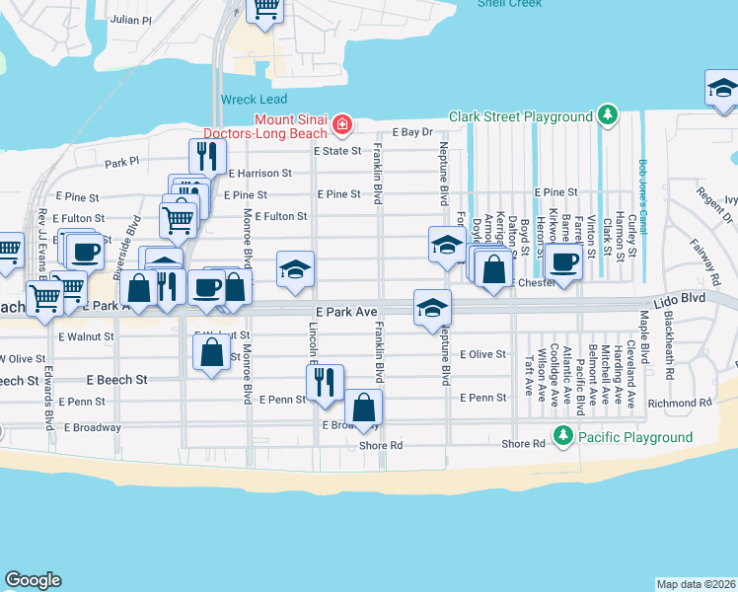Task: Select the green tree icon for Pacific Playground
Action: point(562,434)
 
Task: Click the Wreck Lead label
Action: point(254,99)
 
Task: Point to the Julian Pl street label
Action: point(132,19)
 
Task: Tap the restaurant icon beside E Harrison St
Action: point(207,155)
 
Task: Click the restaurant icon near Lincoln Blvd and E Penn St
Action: point(325,381)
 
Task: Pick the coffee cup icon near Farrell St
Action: point(564,262)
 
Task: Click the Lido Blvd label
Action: point(677,296)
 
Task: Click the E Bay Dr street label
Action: point(412,131)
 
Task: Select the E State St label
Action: point(338,151)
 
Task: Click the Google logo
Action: point(34,580)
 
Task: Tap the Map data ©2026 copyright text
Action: point(696,584)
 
